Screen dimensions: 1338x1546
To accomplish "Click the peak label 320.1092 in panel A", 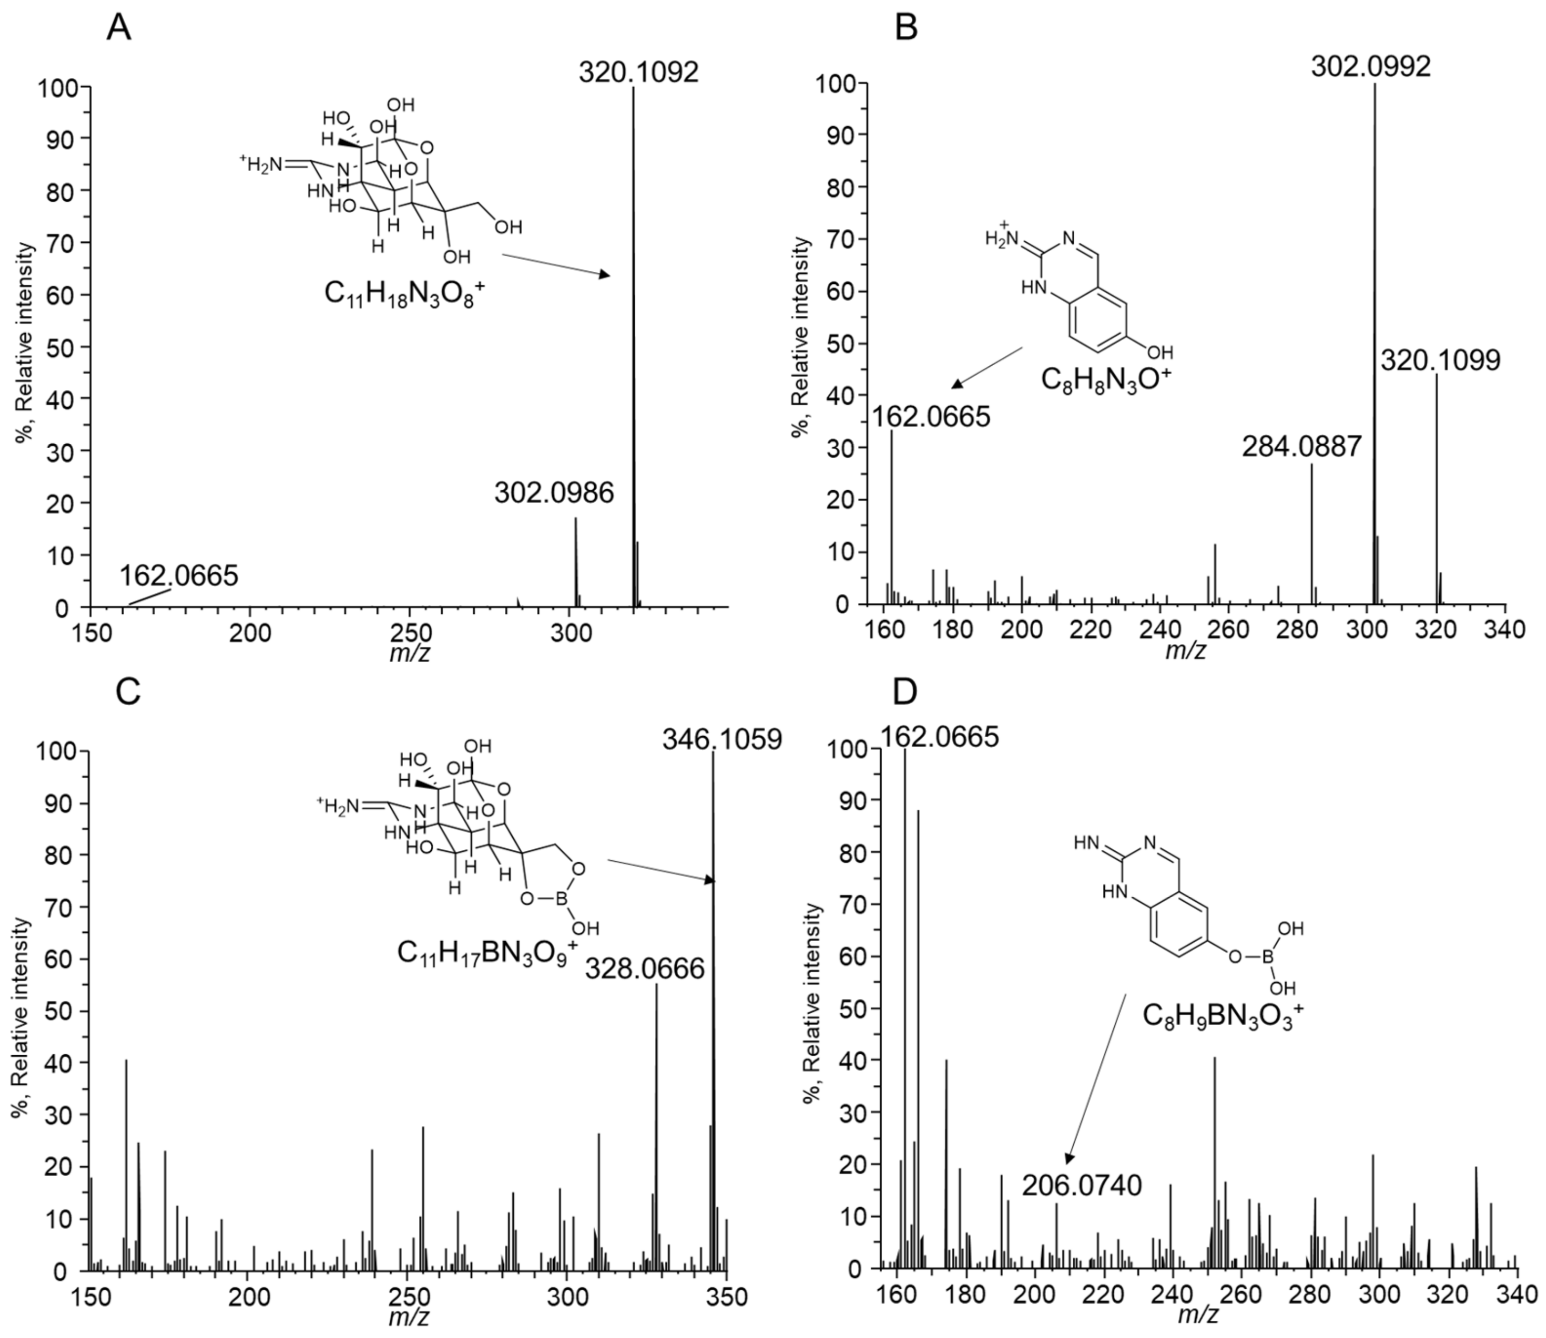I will [x=638, y=73].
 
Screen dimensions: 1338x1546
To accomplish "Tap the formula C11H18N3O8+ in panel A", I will [x=399, y=294].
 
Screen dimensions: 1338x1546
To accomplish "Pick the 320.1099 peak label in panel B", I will [x=1440, y=362].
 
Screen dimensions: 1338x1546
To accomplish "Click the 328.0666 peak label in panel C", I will [x=645, y=970].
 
